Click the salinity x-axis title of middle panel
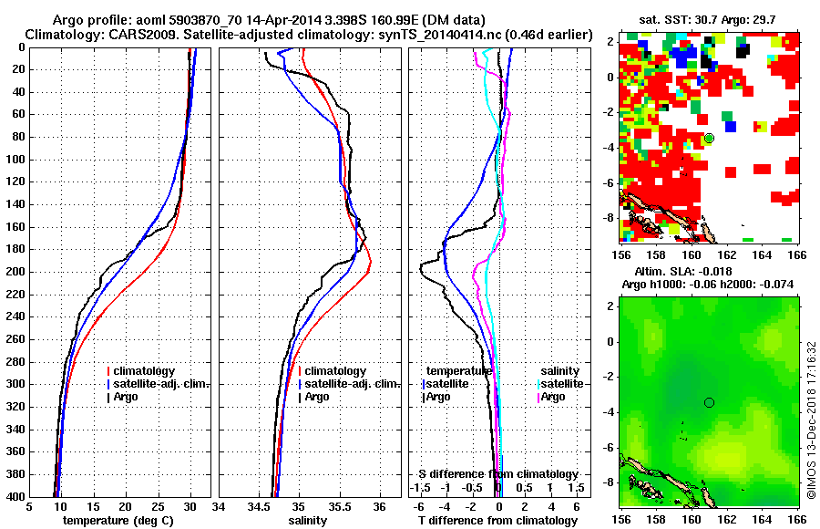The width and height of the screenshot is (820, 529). (310, 521)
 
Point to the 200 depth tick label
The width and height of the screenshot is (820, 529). (15, 272)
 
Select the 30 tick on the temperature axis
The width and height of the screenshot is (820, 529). (190, 506)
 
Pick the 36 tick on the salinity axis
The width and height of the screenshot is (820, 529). (380, 506)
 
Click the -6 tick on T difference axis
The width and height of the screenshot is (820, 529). (419, 506)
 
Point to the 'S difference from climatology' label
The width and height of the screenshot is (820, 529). (498, 474)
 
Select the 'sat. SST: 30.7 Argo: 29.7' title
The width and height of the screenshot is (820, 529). (709, 18)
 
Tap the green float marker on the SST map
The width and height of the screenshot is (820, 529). (709, 138)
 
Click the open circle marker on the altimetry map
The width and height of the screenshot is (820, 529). (709, 402)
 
